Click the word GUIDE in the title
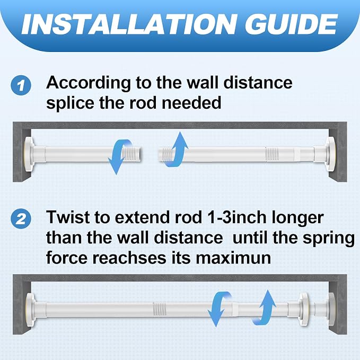point(292,24)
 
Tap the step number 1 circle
point(21,85)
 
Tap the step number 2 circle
point(21,218)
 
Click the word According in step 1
point(89,84)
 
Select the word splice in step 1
point(71,103)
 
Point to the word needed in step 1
point(191,103)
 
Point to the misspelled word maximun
point(233,258)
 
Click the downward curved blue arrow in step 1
point(118,157)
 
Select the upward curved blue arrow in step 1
point(177,149)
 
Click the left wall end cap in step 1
point(29,154)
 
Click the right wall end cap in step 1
point(331,154)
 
